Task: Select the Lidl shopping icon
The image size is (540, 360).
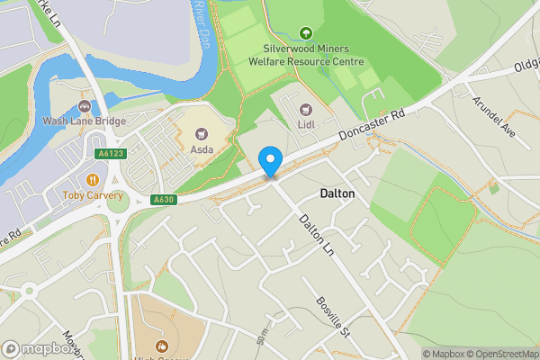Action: click(x=305, y=109)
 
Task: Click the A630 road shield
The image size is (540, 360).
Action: click(x=163, y=199)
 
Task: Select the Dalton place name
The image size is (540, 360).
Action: click(x=337, y=193)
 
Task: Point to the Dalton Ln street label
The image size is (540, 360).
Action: click(x=316, y=231)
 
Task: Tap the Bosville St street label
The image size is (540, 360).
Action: click(x=333, y=316)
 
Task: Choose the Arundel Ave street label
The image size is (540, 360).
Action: click(x=494, y=117)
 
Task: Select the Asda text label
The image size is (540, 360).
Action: click(x=201, y=149)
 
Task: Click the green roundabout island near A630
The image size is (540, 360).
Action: click(x=118, y=203)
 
